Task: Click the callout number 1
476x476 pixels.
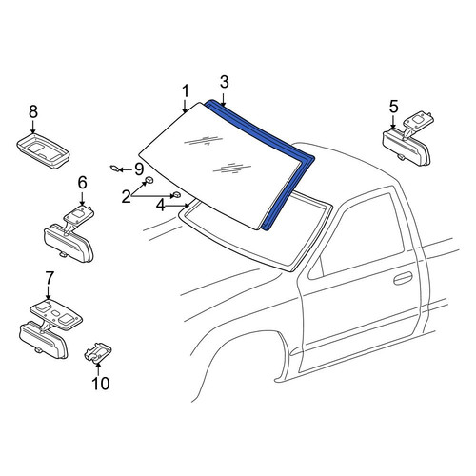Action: [186, 91]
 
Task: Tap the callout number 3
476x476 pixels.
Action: [225, 82]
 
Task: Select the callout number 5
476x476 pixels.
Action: [393, 107]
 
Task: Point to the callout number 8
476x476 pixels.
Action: [33, 111]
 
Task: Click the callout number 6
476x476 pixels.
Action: [82, 183]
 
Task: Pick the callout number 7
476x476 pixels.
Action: [50, 279]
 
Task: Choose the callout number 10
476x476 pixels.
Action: [101, 384]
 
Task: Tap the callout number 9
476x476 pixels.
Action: [139, 169]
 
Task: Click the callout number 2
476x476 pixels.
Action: [127, 197]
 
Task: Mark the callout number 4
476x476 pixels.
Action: [161, 206]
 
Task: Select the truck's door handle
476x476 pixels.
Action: [403, 278]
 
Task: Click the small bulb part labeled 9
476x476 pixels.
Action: [114, 169]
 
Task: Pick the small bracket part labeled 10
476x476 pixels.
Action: [97, 352]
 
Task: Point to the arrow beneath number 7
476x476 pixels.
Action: [48, 292]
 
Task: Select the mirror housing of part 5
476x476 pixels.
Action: [407, 149]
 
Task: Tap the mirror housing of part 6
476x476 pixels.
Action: [69, 243]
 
